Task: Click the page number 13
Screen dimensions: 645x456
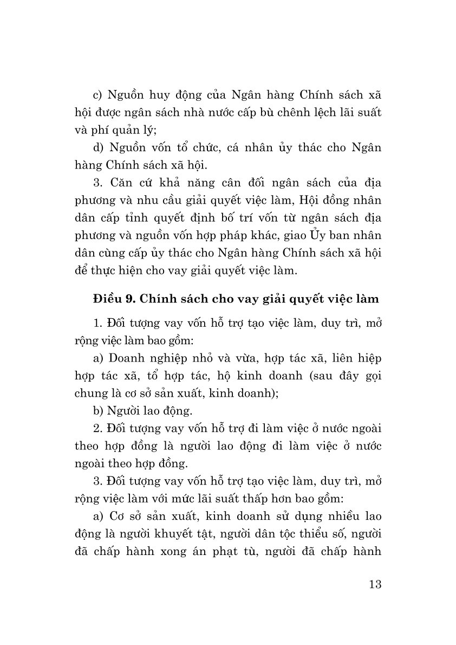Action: tap(374, 584)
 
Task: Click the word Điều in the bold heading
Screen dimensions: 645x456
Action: tap(107, 298)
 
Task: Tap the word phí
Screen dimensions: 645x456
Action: tap(102, 131)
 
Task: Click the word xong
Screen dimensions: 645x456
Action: tap(179, 550)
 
